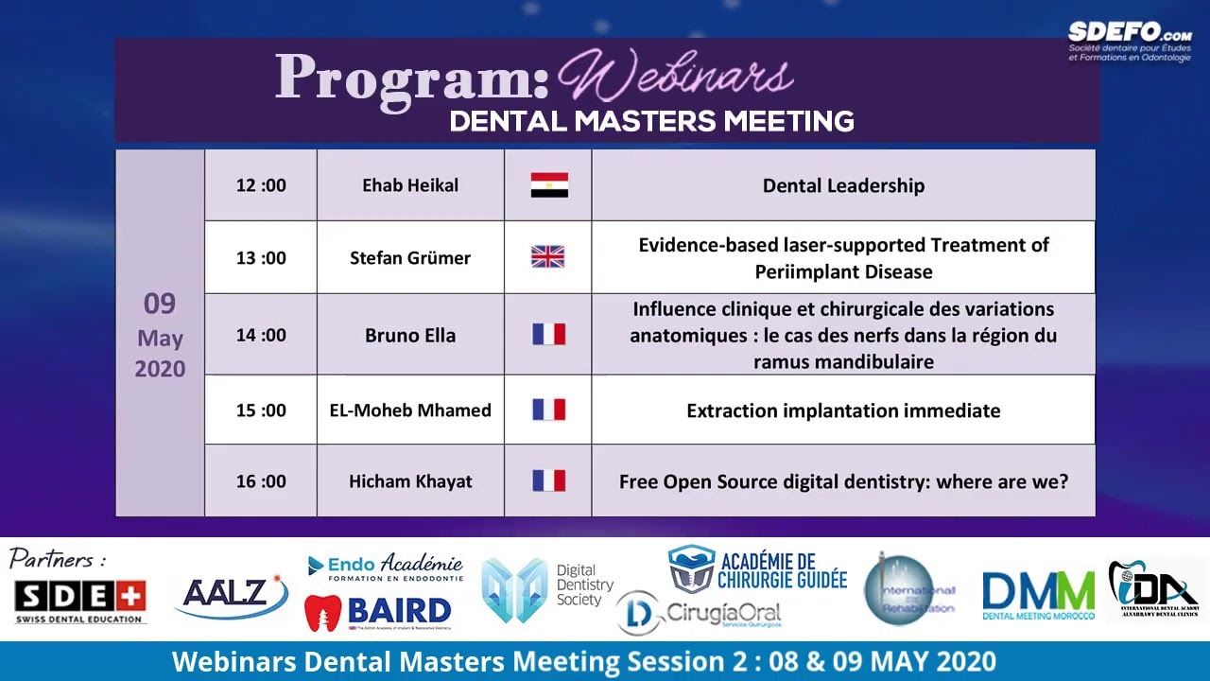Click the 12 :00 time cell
261,185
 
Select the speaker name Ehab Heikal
410,185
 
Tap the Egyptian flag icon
549,185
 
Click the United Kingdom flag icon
547,256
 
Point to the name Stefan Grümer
410,257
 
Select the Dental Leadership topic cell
843,185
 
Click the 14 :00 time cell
261,335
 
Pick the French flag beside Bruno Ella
548,334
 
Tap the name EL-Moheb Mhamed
410,410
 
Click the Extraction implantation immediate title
843,410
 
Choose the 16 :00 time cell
261,481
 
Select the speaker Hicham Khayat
410,481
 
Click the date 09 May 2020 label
160,335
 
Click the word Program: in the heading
412,78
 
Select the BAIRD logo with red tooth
378,612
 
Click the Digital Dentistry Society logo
545,589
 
